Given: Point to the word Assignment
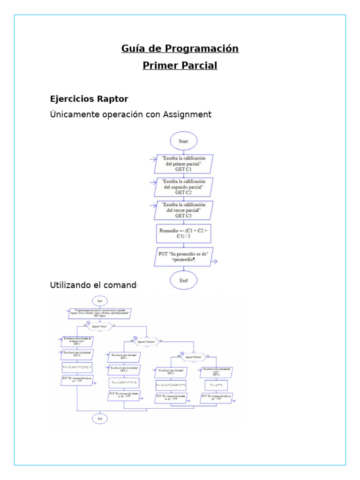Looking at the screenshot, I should pyautogui.click(x=187, y=114).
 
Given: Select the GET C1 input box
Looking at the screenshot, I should pyautogui.click(x=184, y=164).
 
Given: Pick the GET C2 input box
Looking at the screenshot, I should pyautogui.click(x=184, y=187).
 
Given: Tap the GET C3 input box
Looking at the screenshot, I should pyautogui.click(x=184, y=210).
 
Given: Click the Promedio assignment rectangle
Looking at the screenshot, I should pyautogui.click(x=184, y=234).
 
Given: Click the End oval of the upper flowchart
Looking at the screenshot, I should pyautogui.click(x=184, y=280).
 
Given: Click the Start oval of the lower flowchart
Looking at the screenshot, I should pyautogui.click(x=99, y=300).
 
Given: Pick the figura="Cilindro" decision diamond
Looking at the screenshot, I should pyautogui.click(x=146, y=342).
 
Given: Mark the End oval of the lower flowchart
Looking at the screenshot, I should pyautogui.click(x=99, y=418).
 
